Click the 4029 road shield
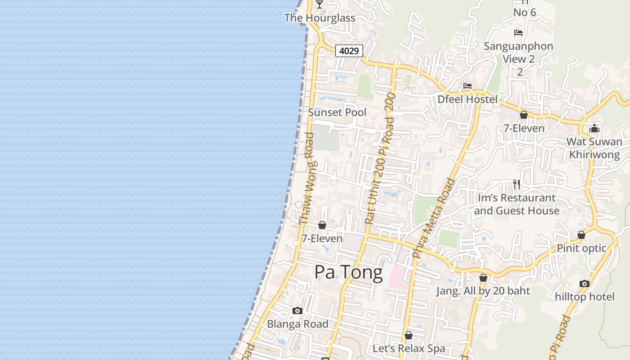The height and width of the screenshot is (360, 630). [349, 51]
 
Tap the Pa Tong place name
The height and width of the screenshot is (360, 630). [348, 272]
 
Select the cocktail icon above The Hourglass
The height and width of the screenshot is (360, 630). [319, 4]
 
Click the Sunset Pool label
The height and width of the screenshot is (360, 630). [337, 112]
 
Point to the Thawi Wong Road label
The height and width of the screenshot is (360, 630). [306, 179]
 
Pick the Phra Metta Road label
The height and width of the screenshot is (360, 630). [433, 219]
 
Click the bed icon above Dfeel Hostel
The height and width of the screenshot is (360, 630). [468, 86]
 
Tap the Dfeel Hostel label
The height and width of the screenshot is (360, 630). [468, 99]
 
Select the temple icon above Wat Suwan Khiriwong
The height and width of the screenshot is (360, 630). [594, 128]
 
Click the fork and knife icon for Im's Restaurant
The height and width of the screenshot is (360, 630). [517, 184]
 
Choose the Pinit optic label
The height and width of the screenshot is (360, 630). [581, 248]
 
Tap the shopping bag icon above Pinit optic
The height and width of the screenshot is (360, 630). [581, 235]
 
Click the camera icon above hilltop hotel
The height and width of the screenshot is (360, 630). [585, 283]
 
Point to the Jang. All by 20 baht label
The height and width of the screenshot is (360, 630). [483, 291]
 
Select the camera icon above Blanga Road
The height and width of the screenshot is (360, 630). [297, 310]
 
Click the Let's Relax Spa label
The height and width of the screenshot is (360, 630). [409, 348]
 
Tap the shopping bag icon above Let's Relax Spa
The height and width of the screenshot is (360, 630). [409, 335]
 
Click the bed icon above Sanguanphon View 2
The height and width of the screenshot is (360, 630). [518, 33]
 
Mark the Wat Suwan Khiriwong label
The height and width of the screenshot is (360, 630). [594, 148]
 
